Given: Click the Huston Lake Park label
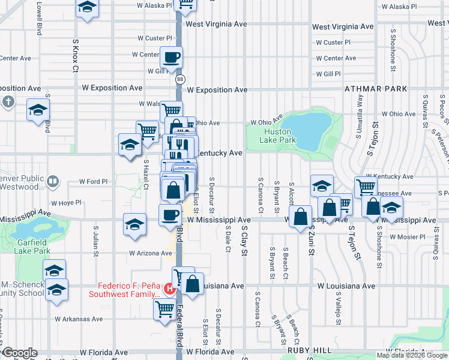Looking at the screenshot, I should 278,136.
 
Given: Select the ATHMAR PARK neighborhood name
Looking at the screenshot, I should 376,89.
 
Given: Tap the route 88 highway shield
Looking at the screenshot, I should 180,79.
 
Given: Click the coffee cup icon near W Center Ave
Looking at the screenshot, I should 171,58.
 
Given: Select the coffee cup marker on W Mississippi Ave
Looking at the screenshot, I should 169,214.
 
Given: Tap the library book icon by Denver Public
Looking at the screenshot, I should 53,181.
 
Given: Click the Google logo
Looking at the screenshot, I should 20,353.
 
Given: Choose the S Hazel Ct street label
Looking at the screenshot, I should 146,173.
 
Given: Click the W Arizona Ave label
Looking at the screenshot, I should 149,253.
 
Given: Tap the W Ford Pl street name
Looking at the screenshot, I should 94,181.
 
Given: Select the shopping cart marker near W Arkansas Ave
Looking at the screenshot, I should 164,310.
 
